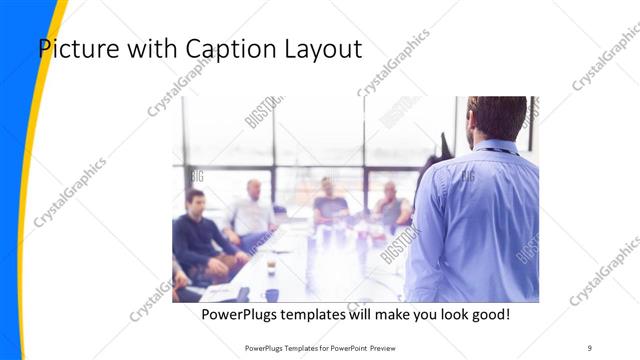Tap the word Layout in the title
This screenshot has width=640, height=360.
(x=319, y=48)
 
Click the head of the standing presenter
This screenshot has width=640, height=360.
(x=496, y=117)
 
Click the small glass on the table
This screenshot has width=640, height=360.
(x=271, y=265)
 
